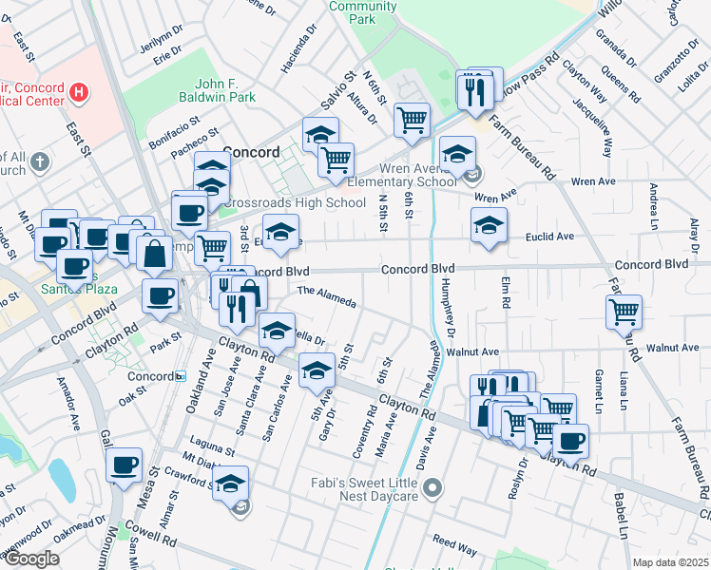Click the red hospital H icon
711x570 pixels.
point(80,92)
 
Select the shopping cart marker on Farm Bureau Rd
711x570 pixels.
point(624,310)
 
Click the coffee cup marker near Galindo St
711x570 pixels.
point(124,464)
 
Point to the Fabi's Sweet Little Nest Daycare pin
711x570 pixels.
point(433,489)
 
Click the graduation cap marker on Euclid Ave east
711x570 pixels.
point(489,224)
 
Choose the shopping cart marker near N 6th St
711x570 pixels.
point(412,119)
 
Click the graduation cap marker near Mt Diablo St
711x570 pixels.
point(230,483)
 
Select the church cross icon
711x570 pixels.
point(39,161)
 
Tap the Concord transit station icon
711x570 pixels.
point(181,376)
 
